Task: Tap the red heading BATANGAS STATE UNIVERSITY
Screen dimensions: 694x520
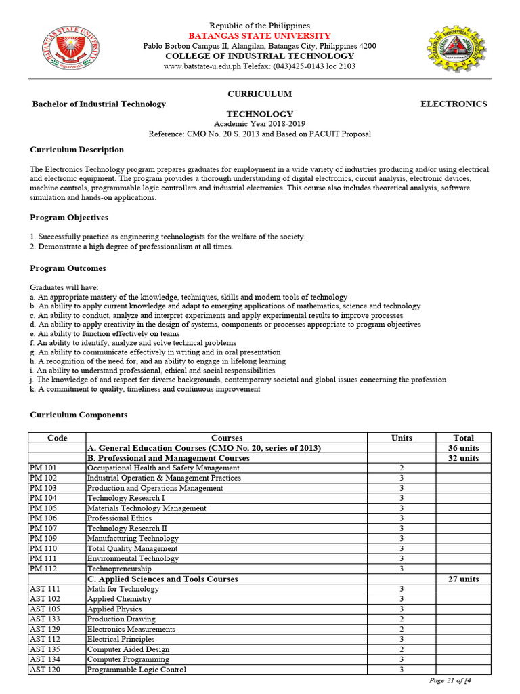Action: (259, 35)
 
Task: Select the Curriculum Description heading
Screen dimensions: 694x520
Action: (77, 150)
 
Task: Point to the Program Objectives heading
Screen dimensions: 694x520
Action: (69, 218)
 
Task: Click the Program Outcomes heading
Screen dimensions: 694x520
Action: (68, 268)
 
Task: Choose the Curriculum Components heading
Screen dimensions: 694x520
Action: (78, 415)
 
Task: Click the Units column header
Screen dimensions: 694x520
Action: (402, 438)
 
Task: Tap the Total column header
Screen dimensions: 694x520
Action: (463, 438)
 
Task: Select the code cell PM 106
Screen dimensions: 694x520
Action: (44, 518)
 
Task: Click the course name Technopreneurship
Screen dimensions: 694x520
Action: (119, 569)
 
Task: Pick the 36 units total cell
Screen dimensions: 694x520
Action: (463, 448)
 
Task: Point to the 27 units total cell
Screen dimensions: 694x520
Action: (463, 579)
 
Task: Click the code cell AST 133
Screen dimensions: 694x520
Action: (45, 619)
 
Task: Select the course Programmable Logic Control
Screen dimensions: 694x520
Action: (137, 670)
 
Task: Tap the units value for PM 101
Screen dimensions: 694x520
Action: (402, 468)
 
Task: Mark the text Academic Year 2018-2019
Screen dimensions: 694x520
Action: (259, 124)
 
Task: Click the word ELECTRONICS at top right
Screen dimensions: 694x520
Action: (454, 104)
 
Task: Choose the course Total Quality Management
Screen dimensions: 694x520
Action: (133, 548)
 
